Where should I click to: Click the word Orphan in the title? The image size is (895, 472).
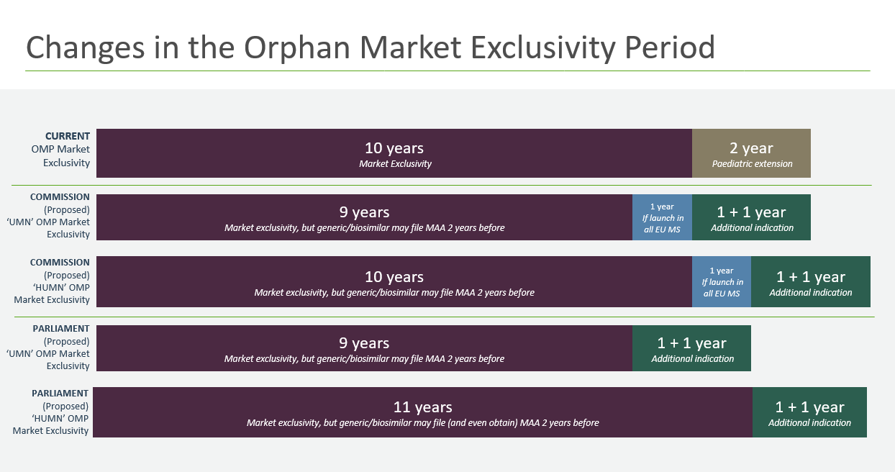297,48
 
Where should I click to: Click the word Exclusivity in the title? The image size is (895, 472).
543,48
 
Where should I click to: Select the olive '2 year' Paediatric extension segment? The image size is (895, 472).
751,153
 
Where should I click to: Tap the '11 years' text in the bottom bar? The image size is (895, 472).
423,407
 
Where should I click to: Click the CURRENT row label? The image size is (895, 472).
68,136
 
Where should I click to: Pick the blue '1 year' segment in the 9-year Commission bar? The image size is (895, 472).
662,217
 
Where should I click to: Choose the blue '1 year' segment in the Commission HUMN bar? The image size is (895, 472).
722,281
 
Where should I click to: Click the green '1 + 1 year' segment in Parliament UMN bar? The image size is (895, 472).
691,348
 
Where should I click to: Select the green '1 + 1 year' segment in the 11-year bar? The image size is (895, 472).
809,412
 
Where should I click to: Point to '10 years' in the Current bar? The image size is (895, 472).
394,148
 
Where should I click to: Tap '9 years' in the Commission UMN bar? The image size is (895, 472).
364,212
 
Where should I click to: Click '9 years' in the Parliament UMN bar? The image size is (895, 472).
364,343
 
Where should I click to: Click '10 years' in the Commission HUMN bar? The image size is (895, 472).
394,277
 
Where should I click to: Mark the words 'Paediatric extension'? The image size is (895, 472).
752,164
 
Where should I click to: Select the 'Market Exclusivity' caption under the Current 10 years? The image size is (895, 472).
395,164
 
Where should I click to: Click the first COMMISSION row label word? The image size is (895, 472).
60,197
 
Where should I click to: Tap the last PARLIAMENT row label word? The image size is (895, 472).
60,394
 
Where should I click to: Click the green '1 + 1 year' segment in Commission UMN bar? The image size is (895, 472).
751,217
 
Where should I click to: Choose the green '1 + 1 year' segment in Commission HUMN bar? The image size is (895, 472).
811,281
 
